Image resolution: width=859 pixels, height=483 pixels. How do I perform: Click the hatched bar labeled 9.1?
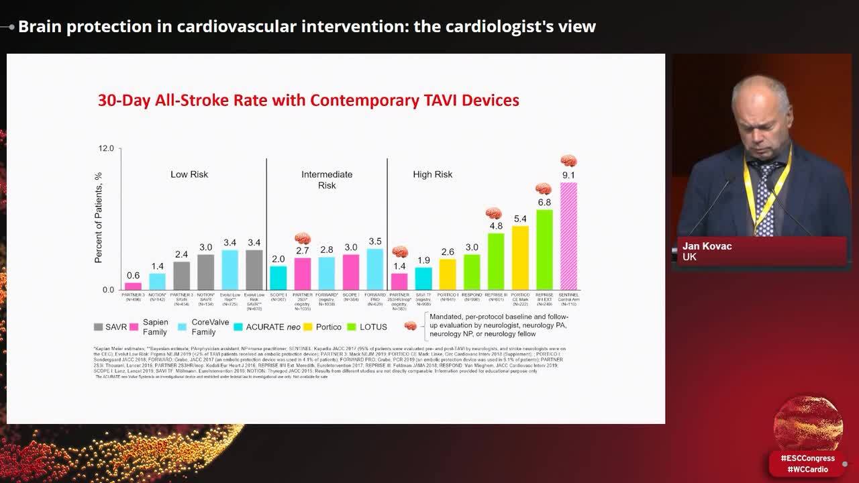coord(568,235)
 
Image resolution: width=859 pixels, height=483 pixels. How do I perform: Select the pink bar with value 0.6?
coord(133,286)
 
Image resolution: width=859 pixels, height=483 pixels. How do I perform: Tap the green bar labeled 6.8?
coord(544,249)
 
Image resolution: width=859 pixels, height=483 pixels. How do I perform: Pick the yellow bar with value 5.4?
coord(520,257)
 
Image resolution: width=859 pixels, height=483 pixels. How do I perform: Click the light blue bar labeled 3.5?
coord(375,269)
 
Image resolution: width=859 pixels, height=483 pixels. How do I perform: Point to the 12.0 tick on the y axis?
coord(107,148)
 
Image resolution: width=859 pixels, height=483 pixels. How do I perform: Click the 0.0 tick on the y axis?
coord(108,290)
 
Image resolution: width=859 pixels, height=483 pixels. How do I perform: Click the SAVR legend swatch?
coord(98,327)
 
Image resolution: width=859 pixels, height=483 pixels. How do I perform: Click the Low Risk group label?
coord(189,174)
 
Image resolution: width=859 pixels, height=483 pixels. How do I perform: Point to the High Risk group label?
coord(432,174)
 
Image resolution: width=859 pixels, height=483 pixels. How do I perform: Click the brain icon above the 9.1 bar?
coord(569,161)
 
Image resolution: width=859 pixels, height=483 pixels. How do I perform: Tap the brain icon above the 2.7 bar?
coord(303,238)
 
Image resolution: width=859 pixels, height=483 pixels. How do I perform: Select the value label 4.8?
coord(496,226)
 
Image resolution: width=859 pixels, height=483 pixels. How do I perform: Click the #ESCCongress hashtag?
coord(807,458)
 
